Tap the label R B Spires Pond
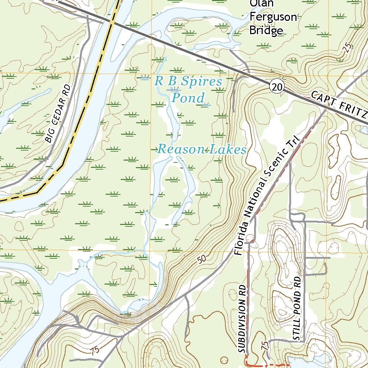tap(188, 89)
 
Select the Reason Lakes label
tap(202, 149)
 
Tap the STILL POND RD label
tap(296, 309)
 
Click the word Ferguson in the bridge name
tap(273, 17)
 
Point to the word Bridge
tap(266, 31)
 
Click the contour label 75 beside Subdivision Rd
tap(265, 346)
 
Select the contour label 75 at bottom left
tap(95, 351)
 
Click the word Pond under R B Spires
tap(188, 98)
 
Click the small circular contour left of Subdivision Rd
tap(224, 360)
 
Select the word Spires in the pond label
tap(202, 82)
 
